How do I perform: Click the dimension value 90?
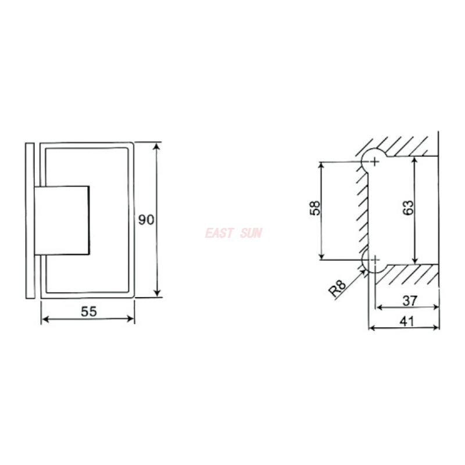tap(146, 220)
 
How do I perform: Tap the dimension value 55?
tap(89, 312)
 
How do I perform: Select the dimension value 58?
tap(315, 208)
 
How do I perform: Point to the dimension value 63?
tap(408, 208)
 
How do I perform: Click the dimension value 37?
tap(410, 301)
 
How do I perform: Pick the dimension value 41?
tap(406, 321)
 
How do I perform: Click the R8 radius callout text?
tap(338, 289)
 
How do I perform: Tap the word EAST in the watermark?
tap(219, 233)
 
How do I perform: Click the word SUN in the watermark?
tap(251, 233)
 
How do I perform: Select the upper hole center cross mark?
tap(375, 162)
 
